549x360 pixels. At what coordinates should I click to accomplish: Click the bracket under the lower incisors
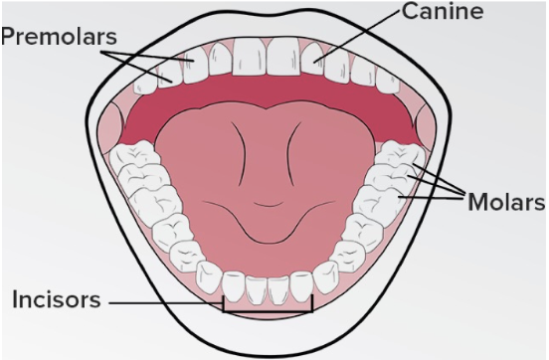tap(268, 309)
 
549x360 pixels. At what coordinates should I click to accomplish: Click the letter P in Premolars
tap(9, 36)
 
